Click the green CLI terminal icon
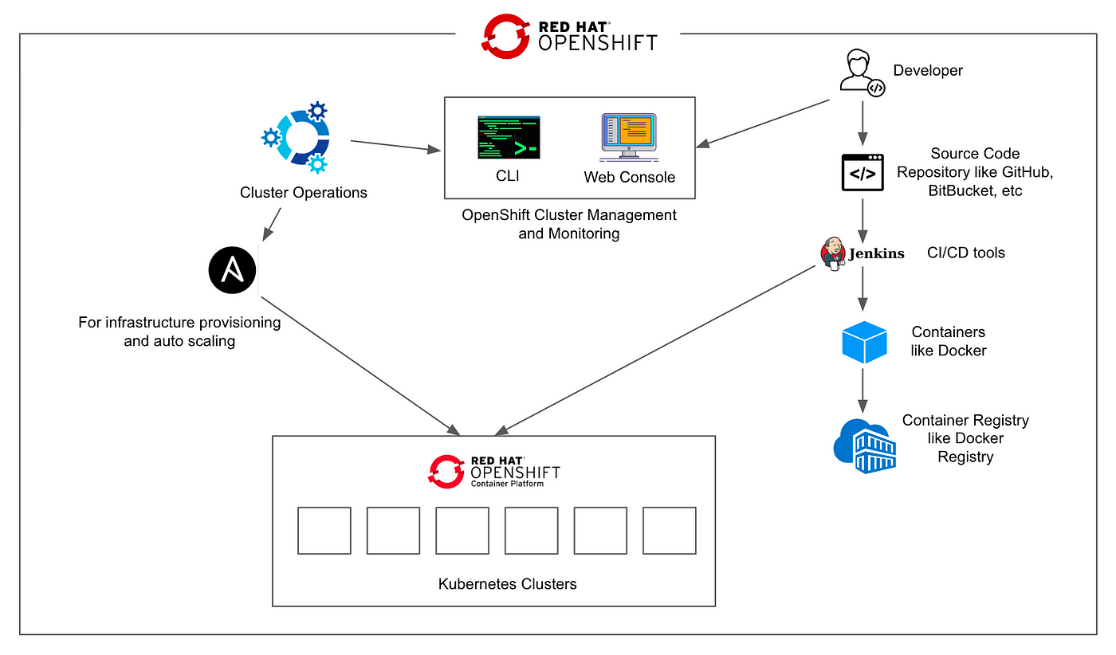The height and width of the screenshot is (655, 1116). [x=509, y=138]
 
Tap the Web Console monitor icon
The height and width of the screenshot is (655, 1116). [x=629, y=137]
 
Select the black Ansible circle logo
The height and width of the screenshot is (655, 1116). [x=232, y=270]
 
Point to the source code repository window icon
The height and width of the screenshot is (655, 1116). [x=863, y=172]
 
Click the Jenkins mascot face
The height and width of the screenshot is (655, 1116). [x=832, y=253]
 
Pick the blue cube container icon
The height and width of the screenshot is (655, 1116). [x=864, y=342]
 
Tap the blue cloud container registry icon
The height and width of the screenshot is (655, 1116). [x=865, y=445]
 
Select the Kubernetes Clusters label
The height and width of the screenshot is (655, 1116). [x=507, y=584]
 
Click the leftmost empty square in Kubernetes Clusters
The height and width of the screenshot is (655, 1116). [x=324, y=531]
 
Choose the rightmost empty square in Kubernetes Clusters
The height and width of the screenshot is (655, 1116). [x=669, y=531]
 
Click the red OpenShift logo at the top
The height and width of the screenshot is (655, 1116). [x=505, y=37]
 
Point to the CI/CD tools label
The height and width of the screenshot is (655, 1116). [x=965, y=253]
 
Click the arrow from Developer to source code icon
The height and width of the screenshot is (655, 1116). [x=863, y=124]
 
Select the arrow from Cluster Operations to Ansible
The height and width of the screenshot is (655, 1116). [x=272, y=225]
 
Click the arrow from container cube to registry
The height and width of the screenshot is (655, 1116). [x=863, y=391]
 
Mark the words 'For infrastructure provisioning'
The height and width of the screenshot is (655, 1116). [x=179, y=322]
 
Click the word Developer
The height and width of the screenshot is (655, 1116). [x=928, y=71]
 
